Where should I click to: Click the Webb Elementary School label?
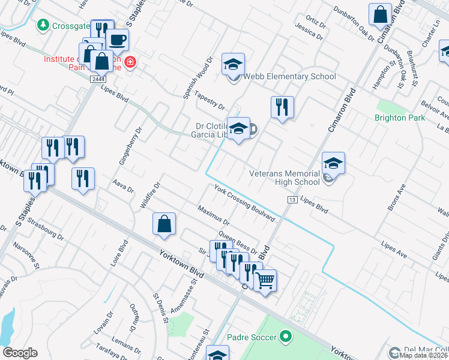click(x=289, y=77)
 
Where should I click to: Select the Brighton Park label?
click(x=399, y=118)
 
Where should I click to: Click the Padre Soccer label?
click(x=252, y=337)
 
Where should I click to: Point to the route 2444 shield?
click(x=98, y=79)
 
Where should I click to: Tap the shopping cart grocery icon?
click(x=265, y=280)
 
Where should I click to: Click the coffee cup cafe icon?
click(x=117, y=40)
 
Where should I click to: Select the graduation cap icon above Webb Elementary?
click(x=233, y=64)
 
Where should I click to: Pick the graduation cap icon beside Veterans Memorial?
click(x=333, y=163)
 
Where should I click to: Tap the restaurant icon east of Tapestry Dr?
click(x=282, y=107)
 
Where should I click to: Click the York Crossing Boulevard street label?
click(x=244, y=202)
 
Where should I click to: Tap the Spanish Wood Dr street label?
click(x=199, y=78)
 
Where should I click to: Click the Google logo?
click(x=20, y=353)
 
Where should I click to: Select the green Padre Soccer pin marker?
click(x=285, y=337)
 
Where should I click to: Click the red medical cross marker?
click(x=130, y=61)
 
